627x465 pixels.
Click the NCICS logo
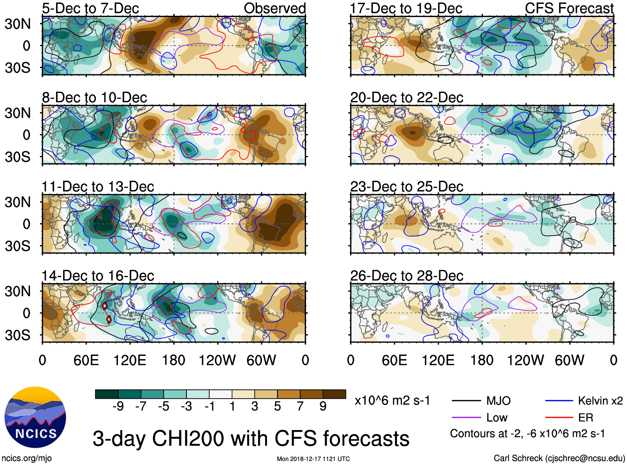pos(35,417)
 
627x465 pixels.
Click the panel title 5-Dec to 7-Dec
pos(91,8)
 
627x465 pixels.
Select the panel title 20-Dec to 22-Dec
pos(407,97)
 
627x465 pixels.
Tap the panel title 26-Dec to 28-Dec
pos(407,276)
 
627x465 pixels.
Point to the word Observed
pos(274,8)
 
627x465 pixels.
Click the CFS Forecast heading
pos(569,8)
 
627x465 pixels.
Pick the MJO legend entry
pos(498,401)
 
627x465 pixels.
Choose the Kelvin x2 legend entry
pos(600,401)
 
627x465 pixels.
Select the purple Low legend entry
pos(497,418)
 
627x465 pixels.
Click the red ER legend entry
pos(585,418)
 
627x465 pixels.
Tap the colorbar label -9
pos(118,407)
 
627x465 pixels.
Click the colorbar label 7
pos(300,407)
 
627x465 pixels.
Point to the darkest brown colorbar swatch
pos(334,394)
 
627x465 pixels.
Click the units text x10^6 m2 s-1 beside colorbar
pos(392,401)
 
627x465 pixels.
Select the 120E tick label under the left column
pos(130,360)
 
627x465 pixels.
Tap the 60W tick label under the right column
pos(569,360)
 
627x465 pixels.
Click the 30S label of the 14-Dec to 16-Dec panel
pos(17,335)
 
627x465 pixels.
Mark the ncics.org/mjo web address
pos(27,458)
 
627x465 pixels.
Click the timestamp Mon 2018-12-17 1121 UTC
pos(313,459)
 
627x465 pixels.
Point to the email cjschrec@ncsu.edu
pos(585,458)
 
